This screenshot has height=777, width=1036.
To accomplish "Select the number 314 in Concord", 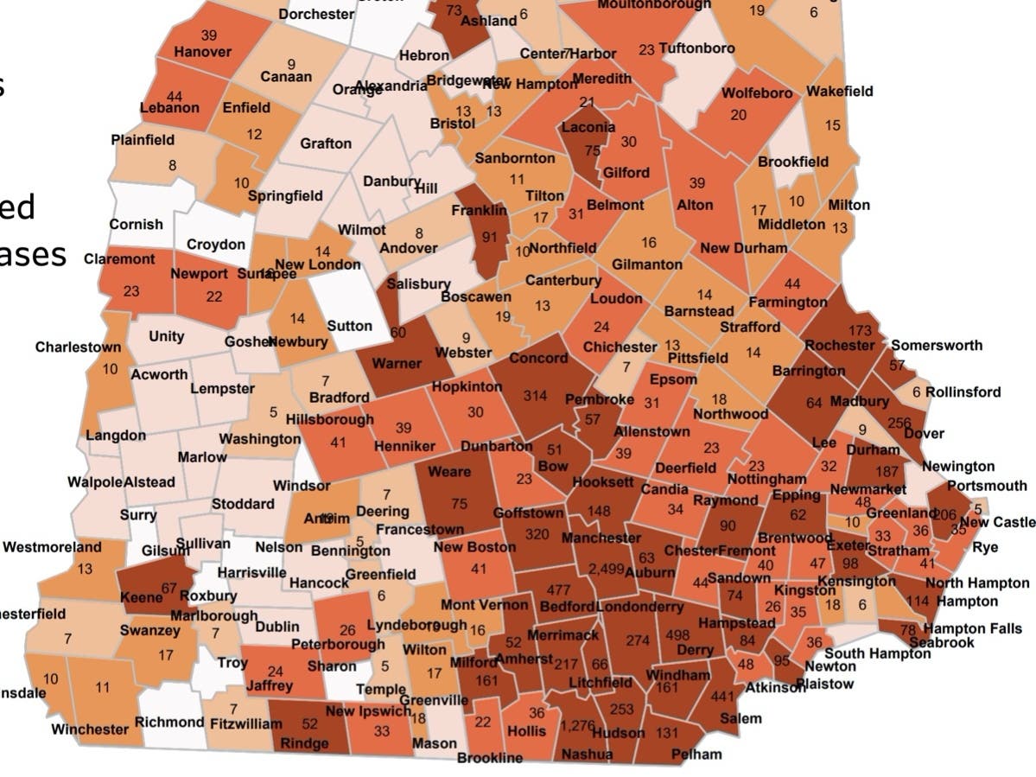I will tap(535, 396).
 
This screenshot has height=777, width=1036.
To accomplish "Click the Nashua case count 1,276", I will tap(577, 725).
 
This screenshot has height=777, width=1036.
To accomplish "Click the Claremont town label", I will tap(119, 259).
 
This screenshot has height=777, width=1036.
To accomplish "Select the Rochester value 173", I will tap(860, 331).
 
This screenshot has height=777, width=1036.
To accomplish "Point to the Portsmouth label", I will tap(987, 486).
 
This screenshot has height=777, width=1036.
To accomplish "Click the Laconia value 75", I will tap(592, 150).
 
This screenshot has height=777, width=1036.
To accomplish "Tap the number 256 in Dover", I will tap(899, 423).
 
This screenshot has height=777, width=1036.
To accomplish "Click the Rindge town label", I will tap(305, 743).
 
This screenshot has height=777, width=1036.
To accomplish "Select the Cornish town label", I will tap(136, 225).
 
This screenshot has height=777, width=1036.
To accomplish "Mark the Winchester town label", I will tap(90, 729).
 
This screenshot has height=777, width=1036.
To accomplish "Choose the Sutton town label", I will tap(350, 326).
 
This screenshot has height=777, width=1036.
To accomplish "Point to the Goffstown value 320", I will tap(536, 534).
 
